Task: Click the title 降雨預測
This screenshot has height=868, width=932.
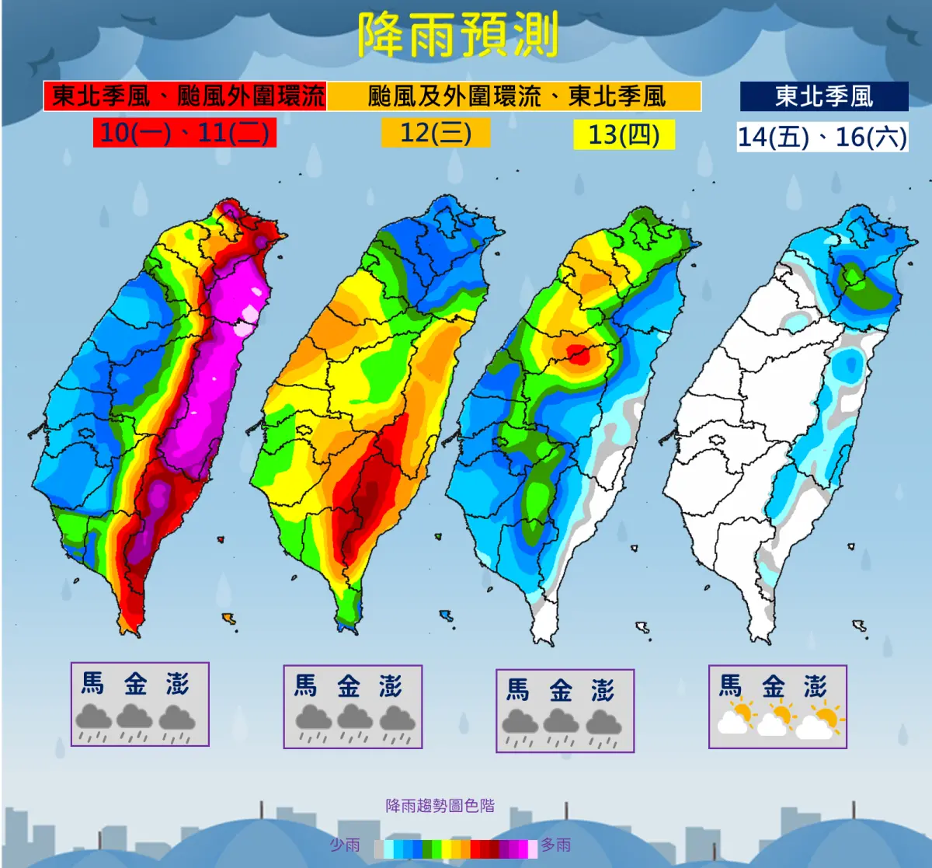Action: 458,35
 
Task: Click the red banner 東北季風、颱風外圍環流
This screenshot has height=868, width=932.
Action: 186,96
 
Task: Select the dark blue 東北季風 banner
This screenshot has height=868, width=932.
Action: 823,96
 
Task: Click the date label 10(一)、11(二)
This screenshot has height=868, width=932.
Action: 185,132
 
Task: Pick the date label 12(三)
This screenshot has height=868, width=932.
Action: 436,132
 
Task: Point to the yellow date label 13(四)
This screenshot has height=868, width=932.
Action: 624,134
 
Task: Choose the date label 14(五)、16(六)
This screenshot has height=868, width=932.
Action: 822,137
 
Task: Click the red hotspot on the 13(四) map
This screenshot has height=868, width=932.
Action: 578,355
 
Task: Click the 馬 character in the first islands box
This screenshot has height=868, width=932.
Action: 93,684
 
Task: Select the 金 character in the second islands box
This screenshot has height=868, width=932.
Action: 348,687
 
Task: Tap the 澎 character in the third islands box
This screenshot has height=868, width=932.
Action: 603,691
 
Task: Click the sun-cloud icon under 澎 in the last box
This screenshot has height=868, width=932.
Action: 819,722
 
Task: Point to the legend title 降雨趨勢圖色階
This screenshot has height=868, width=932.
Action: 440,806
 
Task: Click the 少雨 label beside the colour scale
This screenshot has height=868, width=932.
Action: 345,845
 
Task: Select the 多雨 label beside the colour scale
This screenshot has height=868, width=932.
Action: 556,845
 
